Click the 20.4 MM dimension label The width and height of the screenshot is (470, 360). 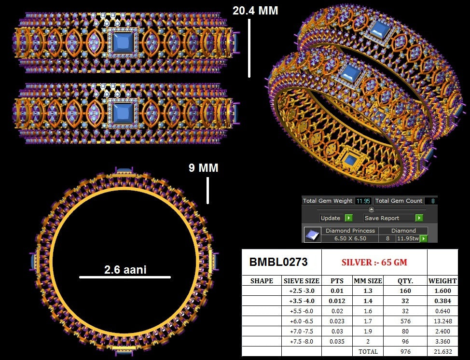255,11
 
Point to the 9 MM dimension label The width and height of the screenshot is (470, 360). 204,168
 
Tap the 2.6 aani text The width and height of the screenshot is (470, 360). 125,269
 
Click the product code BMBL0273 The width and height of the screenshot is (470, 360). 278,262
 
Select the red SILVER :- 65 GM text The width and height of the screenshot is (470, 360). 374,263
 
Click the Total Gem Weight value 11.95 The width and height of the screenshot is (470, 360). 363,201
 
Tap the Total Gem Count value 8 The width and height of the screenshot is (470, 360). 433,201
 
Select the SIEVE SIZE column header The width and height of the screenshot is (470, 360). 302,281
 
